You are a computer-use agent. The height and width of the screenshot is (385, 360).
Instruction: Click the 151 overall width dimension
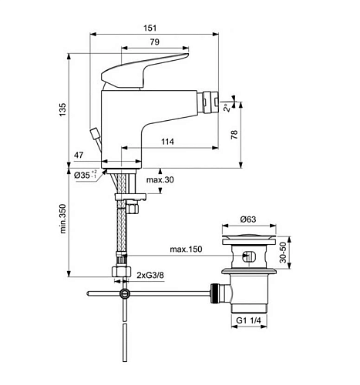tap(150, 28)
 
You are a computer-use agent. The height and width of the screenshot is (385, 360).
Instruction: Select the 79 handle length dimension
tap(155, 42)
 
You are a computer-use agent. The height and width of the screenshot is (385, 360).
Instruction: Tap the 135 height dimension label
tap(62, 109)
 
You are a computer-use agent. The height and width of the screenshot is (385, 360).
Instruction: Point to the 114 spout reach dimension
tap(167, 142)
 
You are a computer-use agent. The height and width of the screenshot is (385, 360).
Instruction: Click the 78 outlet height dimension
tap(234, 135)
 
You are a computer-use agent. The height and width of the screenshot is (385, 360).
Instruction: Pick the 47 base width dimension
tap(79, 155)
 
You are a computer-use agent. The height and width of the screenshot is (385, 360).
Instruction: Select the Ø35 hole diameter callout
tap(86, 175)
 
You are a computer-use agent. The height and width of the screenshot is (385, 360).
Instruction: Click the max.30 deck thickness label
tap(160, 179)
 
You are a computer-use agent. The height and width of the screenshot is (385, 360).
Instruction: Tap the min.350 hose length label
tap(62, 219)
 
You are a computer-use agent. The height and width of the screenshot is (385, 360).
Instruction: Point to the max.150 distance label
tap(186, 249)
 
